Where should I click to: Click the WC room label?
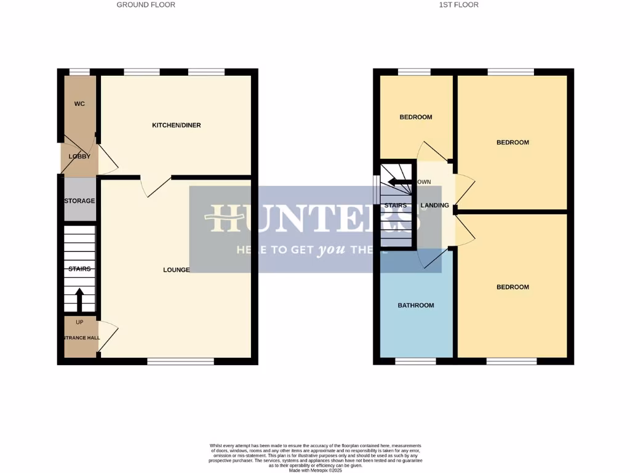(79, 103)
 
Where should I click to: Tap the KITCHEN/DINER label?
(177, 125)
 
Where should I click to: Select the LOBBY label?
(79, 156)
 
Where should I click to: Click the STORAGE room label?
(80, 201)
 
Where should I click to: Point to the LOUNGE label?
(176, 270)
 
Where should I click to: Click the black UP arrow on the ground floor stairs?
(79, 300)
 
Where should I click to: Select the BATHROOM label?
(416, 305)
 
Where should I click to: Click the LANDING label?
(434, 205)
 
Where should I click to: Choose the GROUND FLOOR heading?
(146, 5)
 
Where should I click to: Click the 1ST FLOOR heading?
(458, 5)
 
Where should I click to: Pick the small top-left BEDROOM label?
(416, 117)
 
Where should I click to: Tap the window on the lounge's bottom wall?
(180, 362)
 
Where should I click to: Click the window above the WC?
(79, 71)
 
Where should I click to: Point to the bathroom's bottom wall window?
(415, 362)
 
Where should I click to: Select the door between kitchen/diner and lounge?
(154, 185)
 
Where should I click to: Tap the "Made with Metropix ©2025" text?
(315, 469)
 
